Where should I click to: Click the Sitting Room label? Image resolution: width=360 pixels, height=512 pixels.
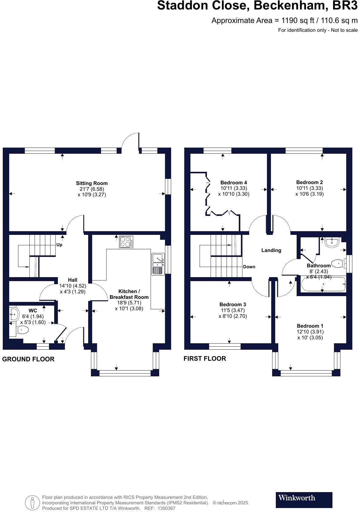tap(92, 183)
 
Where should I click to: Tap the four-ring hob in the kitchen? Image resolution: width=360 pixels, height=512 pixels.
tap(126, 242)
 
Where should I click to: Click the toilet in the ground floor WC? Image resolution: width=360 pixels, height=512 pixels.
tap(22, 330)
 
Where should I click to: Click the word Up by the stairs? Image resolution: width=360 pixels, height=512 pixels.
tap(59, 245)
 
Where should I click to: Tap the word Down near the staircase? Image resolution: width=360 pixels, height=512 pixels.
tap(249, 267)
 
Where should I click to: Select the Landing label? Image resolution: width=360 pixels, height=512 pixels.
tap(271, 250)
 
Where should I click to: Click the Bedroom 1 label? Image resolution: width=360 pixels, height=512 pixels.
tap(310, 326)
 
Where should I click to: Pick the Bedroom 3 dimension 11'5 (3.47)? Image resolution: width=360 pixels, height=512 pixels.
tap(232, 310)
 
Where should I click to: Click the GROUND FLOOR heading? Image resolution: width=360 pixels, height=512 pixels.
tap(28, 359)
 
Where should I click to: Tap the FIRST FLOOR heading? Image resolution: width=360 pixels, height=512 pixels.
tap(204, 358)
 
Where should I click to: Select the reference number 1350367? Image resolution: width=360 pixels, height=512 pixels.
tap(166, 508)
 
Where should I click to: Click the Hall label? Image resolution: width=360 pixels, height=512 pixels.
tap(73, 280)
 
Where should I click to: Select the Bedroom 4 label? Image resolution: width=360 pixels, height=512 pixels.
tap(234, 183)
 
